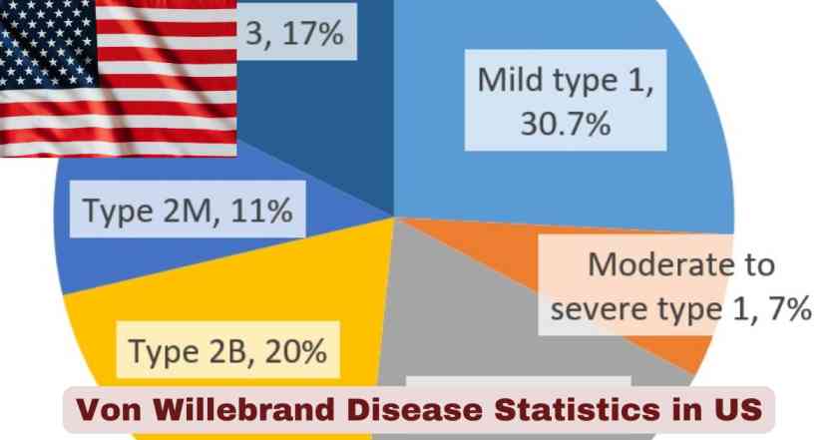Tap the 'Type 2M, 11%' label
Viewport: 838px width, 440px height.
(x=187, y=211)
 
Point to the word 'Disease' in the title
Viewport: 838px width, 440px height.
(x=409, y=409)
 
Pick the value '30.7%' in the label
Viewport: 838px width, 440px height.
(x=566, y=125)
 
